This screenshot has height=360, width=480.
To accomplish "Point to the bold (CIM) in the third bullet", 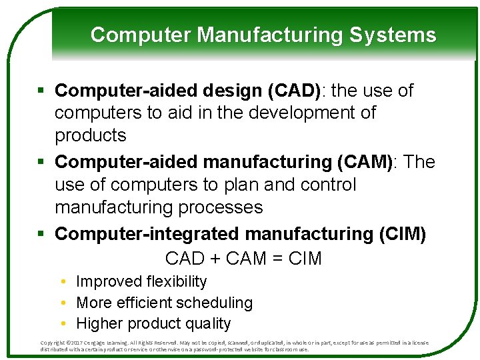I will (403, 234).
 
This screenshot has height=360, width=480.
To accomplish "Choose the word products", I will (90, 135).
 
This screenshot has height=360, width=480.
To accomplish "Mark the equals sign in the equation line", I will (276, 259).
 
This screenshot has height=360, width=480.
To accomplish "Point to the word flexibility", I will (171, 282).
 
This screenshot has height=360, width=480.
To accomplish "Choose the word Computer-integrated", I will (148, 234).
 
